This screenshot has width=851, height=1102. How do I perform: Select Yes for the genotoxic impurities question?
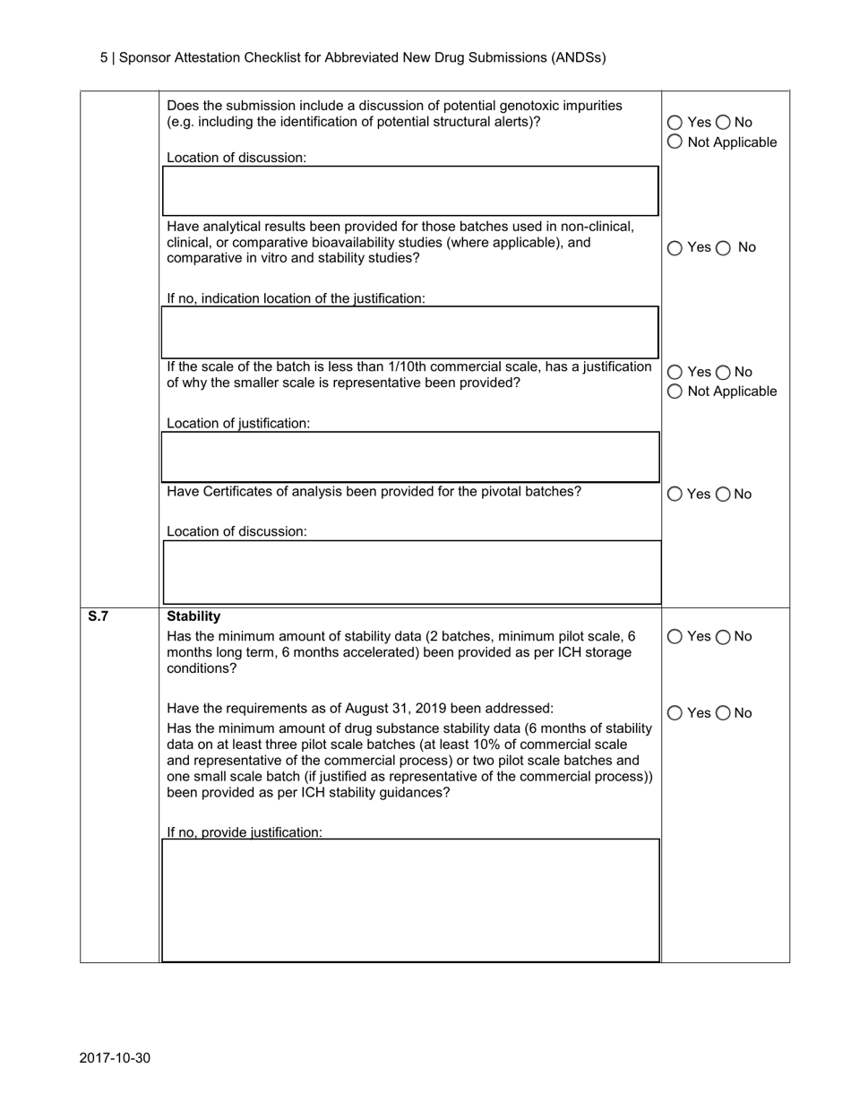675,123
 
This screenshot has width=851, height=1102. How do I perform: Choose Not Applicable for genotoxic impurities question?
675,142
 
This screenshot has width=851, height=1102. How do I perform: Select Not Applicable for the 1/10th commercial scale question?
675,392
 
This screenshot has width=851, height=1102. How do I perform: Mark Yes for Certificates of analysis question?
675,495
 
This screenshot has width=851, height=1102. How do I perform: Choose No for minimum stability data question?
724,637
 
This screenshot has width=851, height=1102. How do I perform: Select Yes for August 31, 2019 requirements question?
675,714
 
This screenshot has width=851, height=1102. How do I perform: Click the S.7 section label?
98,616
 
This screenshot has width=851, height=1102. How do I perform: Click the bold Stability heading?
193,616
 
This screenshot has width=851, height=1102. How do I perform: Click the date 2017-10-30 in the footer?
115,1058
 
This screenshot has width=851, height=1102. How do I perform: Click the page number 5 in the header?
104,57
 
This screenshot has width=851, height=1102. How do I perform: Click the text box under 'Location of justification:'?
411,457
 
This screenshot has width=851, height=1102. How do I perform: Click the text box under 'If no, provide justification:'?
411,900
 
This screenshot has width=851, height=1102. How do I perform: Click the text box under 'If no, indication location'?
411,331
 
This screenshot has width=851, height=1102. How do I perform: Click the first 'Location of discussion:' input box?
411,190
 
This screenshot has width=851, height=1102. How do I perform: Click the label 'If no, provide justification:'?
245,832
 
